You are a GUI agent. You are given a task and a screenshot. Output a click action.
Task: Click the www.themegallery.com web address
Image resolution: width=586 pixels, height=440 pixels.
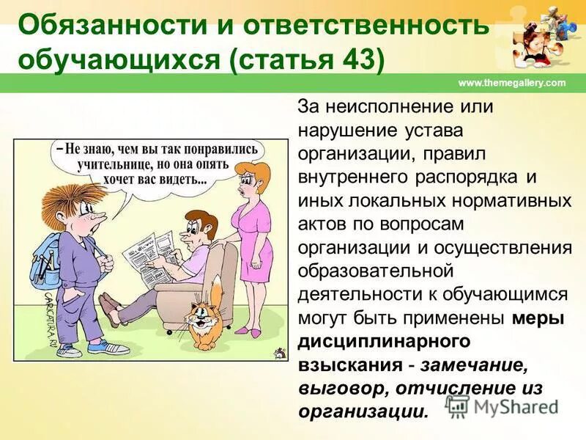pyautogui.click(x=512, y=83)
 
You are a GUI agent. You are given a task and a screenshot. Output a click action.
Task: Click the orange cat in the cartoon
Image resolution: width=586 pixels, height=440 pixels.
pyautogui.click(x=207, y=317)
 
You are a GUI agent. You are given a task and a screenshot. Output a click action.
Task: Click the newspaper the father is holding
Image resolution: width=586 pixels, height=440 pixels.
pyautogui.click(x=156, y=252)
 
